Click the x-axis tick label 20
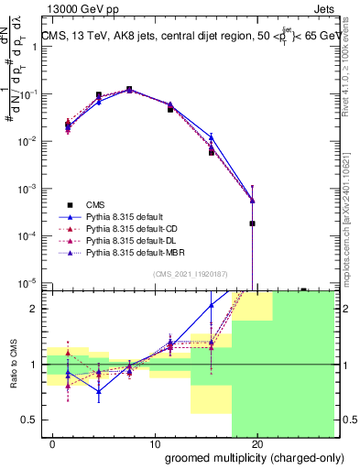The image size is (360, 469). (x=256, y=445)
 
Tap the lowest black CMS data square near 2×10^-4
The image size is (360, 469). (x=252, y=223)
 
